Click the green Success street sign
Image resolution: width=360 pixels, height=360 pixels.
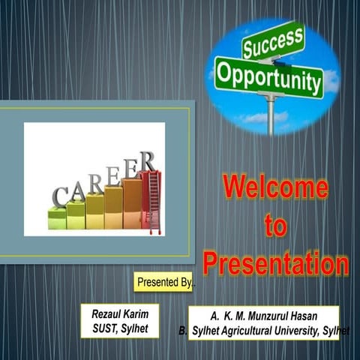[x=273, y=40]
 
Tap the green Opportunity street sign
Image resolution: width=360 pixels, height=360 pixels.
[x=270, y=77]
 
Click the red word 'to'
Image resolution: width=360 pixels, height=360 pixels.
[x=275, y=225]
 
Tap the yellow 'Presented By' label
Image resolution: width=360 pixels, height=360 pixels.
[x=164, y=282]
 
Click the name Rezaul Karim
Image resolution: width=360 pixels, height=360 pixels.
[x=120, y=314]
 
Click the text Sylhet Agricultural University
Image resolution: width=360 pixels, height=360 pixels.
[x=255, y=329]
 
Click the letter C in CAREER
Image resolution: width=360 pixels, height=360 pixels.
[x=58, y=197]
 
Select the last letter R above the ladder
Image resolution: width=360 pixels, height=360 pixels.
[x=148, y=160]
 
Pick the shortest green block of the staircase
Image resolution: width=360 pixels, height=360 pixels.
[x=57, y=218]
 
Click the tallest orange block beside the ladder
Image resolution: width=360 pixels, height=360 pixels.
[x=132, y=203]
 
